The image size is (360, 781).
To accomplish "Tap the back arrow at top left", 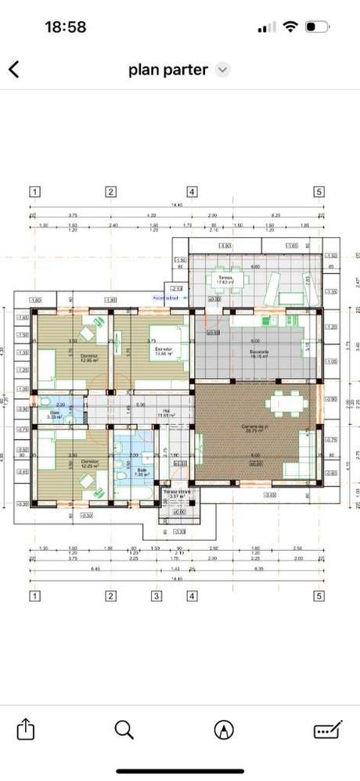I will [13, 69].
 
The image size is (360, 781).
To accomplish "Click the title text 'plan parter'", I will [168, 70].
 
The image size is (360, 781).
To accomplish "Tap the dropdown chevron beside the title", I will [222, 70].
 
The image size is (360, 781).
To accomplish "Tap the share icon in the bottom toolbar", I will [25, 729].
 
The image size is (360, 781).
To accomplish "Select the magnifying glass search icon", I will [124, 729].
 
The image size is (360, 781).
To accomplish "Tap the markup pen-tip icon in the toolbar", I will [224, 729].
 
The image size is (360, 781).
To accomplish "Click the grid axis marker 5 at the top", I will [319, 191].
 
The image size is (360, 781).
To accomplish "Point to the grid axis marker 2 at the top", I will [111, 191].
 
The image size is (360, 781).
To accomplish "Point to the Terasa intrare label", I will [177, 494].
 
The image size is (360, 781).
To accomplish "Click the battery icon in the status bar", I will [315, 27].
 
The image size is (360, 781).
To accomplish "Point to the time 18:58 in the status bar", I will [66, 27].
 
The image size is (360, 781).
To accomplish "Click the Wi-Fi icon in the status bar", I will [290, 27].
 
